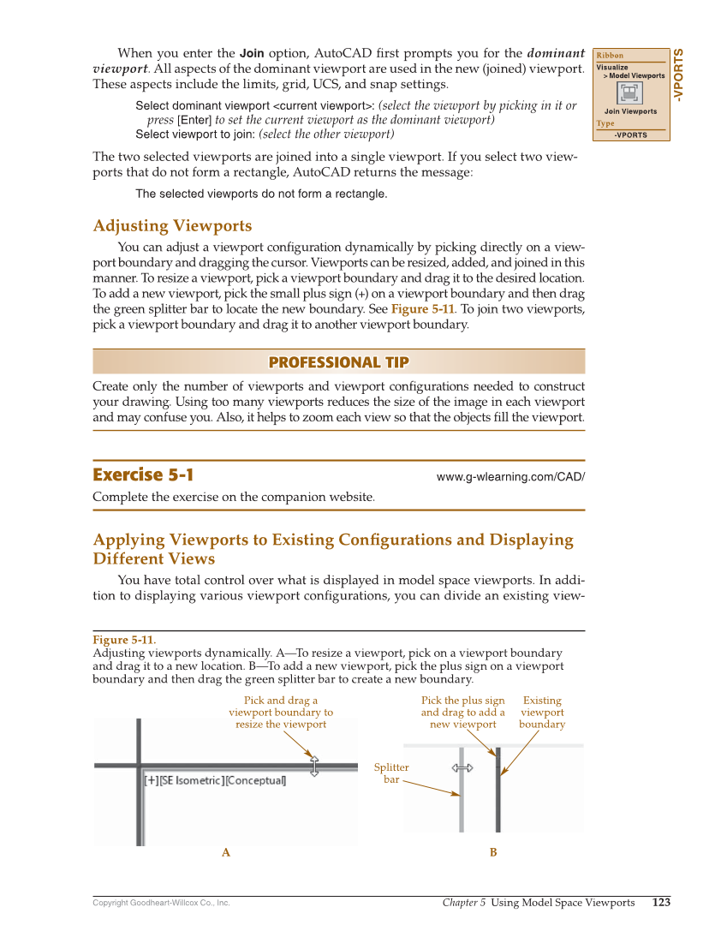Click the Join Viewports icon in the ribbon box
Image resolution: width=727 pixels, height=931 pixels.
[x=630, y=93]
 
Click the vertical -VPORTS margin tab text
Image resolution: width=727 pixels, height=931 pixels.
[x=678, y=76]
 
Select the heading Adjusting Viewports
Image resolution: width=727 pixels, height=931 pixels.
[x=172, y=226]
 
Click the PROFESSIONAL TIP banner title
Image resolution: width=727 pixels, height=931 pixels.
[x=338, y=362]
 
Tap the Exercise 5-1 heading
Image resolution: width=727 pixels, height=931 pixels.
[x=143, y=475]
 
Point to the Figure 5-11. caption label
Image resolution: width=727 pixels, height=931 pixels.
[x=124, y=640]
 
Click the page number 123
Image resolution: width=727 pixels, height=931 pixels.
[x=661, y=902]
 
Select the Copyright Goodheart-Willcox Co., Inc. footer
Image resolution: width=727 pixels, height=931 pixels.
[x=161, y=903]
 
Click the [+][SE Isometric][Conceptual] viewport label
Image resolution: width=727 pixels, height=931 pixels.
[x=214, y=780]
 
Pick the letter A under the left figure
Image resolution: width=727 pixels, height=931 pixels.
[x=226, y=852]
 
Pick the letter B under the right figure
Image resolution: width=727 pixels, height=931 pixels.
[x=493, y=852]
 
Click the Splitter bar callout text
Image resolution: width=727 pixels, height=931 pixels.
[x=391, y=773]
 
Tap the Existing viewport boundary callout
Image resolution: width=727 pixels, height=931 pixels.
[x=542, y=712]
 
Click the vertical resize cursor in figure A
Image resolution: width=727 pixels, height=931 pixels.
[x=313, y=766]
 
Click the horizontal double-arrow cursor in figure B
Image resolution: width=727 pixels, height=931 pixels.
[x=462, y=768]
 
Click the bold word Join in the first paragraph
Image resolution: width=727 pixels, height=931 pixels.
[x=252, y=53]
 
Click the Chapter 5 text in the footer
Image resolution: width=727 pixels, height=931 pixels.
[x=464, y=903]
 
